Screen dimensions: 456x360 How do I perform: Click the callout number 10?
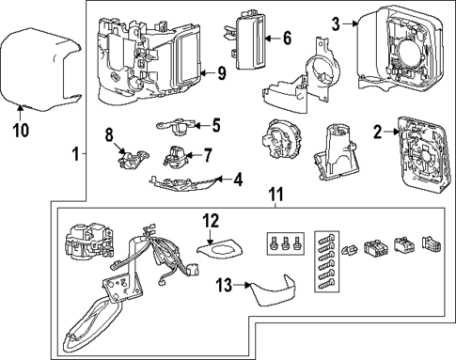click(21, 130)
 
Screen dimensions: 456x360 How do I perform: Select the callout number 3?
click(336, 23)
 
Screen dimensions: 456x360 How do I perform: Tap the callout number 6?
click(287, 39)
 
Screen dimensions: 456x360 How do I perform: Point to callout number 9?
click(221, 73)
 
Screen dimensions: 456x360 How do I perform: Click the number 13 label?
click(225, 285)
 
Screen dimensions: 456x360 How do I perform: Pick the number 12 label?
click(211, 221)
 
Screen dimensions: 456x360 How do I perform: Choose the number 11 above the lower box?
click(275, 195)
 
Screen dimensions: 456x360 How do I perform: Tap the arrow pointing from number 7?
click(193, 155)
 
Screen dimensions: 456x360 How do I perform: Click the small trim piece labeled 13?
click(274, 290)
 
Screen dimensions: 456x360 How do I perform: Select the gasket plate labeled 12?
click(221, 247)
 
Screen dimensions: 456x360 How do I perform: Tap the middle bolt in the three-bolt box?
click(285, 243)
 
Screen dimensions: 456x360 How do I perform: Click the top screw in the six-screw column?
click(326, 236)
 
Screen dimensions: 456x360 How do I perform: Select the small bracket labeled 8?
click(132, 159)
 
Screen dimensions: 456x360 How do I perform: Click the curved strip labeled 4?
click(183, 183)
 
